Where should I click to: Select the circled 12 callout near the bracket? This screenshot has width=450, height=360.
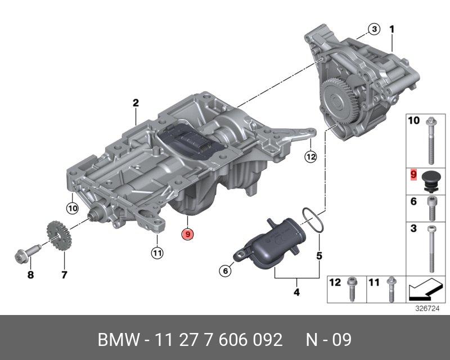pos(311,157)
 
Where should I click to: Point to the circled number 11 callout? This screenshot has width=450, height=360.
pos(157,254)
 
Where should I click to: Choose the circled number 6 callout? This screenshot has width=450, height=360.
pos(224,271)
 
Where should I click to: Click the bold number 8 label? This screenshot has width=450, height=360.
pos(31,275)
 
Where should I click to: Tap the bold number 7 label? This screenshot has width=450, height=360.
pos(64,275)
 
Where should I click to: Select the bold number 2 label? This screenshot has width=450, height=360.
pos(136,102)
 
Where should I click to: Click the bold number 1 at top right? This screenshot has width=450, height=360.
pos(393,28)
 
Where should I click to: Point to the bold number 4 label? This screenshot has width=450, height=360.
pos(296,292)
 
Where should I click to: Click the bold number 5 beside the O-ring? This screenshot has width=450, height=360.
pos(319,255)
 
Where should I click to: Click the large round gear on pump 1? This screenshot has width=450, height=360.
pos(337,101)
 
